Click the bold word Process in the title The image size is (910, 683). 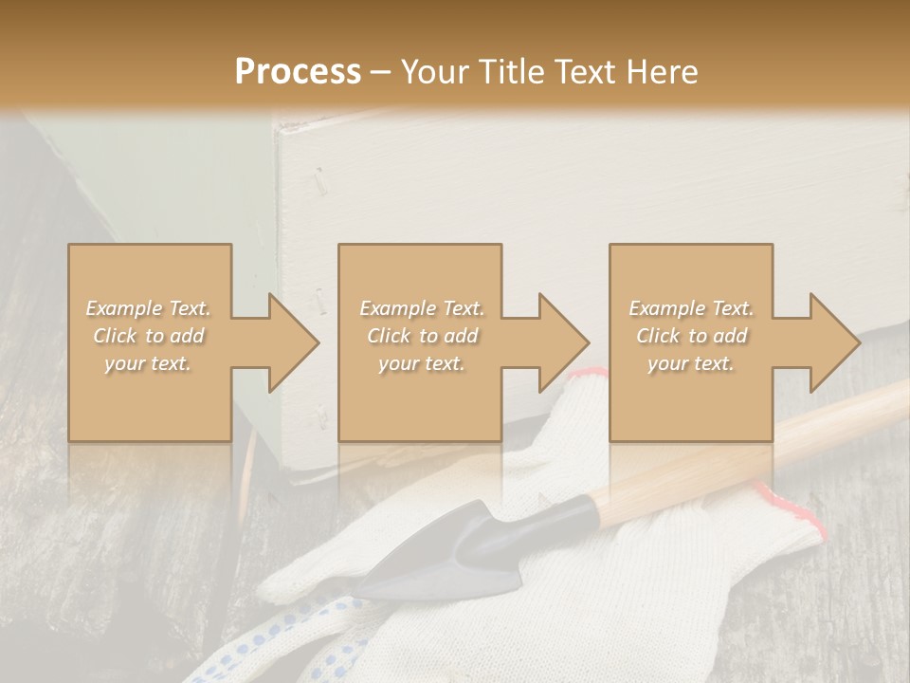click(x=298, y=72)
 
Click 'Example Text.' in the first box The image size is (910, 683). click(x=148, y=308)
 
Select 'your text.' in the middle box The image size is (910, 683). click(x=421, y=363)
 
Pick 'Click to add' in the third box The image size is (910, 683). click(x=692, y=336)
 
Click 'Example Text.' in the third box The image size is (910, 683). click(x=691, y=308)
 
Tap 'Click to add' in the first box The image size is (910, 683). click(x=149, y=336)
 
